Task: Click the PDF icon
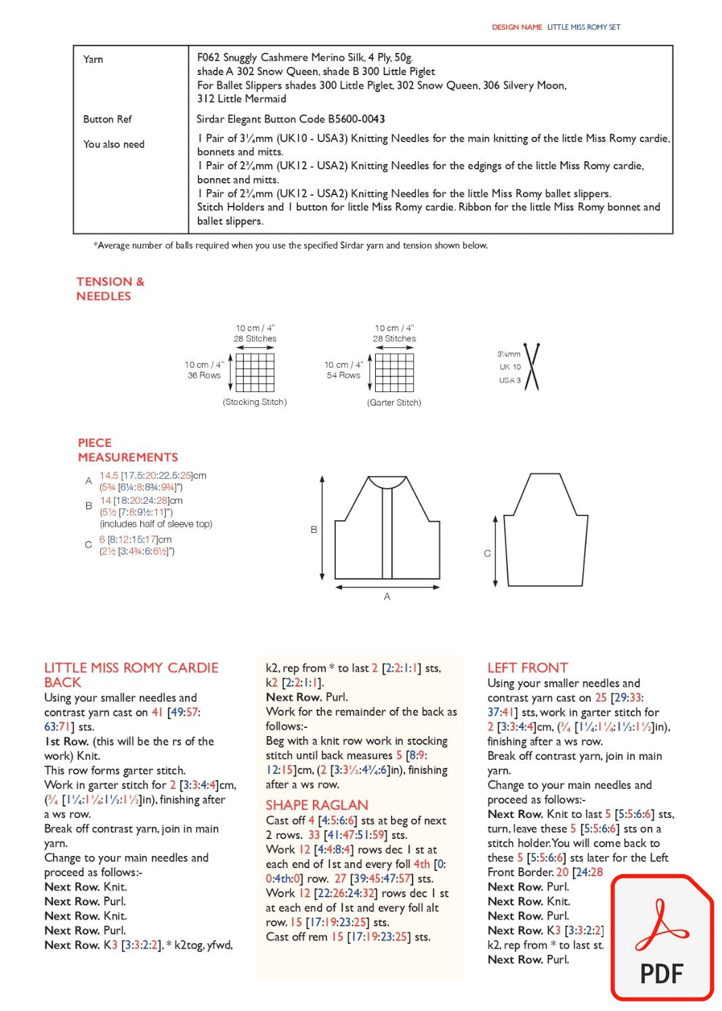[662, 938]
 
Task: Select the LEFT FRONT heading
[528, 668]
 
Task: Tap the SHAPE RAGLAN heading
[317, 805]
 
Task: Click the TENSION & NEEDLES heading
[110, 288]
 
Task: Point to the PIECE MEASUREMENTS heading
[127, 450]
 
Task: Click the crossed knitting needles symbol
[532, 367]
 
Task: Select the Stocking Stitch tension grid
[255, 372]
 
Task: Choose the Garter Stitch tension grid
[394, 372]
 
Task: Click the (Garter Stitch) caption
[394, 402]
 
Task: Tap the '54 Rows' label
[343, 375]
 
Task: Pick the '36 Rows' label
[204, 375]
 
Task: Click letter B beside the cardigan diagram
[314, 530]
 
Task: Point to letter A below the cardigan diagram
[387, 597]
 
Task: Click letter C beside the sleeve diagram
[487, 553]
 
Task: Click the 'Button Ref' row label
[107, 119]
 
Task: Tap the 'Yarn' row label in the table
[93, 60]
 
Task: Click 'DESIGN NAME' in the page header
[517, 27]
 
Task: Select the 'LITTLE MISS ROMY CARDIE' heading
[131, 668]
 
